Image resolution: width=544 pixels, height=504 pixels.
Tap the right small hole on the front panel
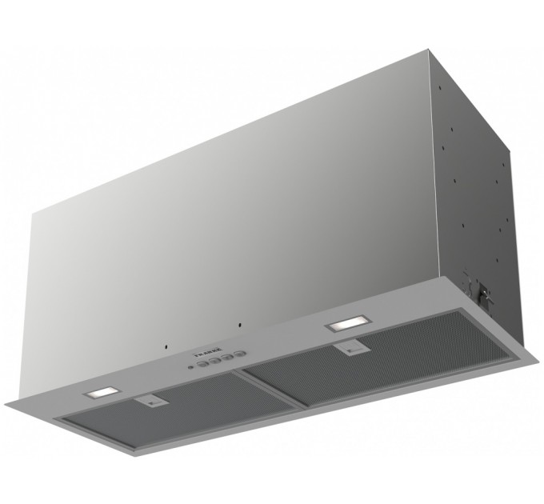(238, 326)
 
